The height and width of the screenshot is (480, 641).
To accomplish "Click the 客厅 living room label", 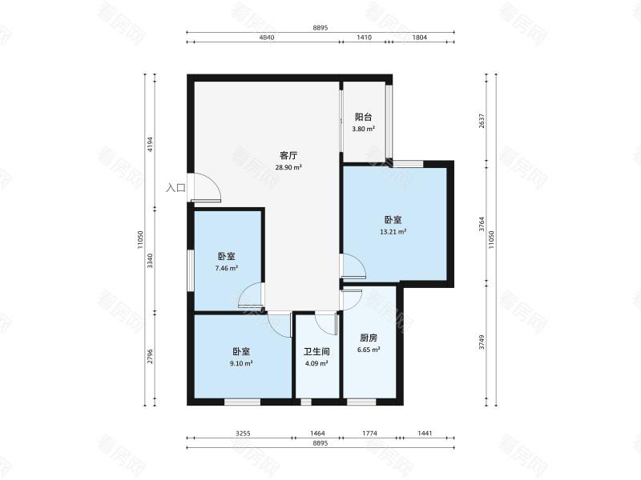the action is (x=288, y=155).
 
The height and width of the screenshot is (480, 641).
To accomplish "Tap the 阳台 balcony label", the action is (x=364, y=117).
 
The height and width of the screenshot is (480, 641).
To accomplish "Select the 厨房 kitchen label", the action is (x=369, y=338).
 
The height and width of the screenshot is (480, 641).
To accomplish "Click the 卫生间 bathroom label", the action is (x=316, y=351).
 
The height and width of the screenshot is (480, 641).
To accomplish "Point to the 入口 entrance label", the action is (x=175, y=188).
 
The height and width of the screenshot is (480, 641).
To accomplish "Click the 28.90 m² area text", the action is (x=288, y=167).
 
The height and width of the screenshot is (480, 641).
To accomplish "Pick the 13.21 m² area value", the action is (x=393, y=232).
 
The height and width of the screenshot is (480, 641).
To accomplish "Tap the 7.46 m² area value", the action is (x=227, y=268).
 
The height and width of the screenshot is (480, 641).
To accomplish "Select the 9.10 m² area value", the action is (x=241, y=363).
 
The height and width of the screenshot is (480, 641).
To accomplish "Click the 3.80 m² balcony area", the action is (x=364, y=129).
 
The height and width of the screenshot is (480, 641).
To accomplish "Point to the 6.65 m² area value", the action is (x=369, y=350).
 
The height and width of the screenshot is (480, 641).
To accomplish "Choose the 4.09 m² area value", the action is (x=316, y=363).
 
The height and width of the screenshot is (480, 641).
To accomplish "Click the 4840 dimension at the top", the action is (x=267, y=38).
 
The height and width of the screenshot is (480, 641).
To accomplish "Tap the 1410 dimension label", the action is (x=365, y=38).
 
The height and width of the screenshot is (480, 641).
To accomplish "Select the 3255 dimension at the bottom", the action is (x=243, y=433).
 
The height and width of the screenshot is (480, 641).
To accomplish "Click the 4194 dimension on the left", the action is (x=150, y=144).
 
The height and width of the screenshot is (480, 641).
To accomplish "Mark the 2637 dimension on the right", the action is (x=482, y=121).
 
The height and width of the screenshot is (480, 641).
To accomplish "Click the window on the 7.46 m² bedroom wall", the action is (x=191, y=270).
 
